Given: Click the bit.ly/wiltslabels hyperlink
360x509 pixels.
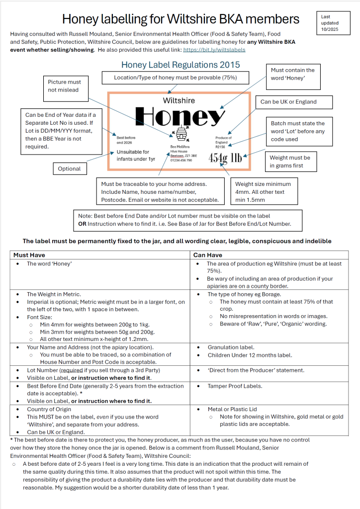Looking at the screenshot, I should pyautogui.click(x=214, y=50).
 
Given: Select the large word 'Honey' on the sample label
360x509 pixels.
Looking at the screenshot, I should pyautogui.click(x=180, y=117).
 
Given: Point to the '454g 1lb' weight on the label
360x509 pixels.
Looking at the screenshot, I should pyautogui.click(x=225, y=158).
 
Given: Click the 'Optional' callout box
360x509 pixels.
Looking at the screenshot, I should pyautogui.click(x=69, y=169).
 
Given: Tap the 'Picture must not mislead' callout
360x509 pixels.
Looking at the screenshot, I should pyautogui.click(x=64, y=85).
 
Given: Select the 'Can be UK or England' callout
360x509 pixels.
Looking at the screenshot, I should pyautogui.click(x=288, y=101).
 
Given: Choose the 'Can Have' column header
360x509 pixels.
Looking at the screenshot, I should pyautogui.click(x=207, y=255).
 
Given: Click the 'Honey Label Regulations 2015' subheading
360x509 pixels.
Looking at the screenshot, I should pyautogui.click(x=180, y=65).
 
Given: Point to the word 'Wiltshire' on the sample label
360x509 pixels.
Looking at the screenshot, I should pyautogui.click(x=179, y=100).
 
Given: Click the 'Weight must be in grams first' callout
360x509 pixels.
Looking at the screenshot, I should pyautogui.click(x=290, y=162).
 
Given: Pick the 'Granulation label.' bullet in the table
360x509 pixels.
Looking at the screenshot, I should pyautogui.click(x=231, y=347).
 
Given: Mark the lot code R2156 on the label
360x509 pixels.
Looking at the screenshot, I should pyautogui.click(x=220, y=147).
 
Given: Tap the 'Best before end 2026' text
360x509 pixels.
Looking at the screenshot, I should pyautogui.click(x=126, y=140).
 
